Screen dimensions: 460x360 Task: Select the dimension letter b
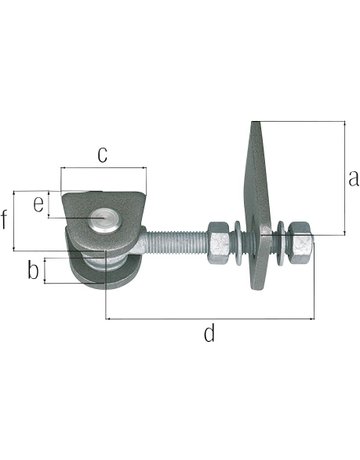pyautogui.click(x=33, y=270)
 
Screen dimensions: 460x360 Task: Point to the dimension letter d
pyautogui.click(x=209, y=334)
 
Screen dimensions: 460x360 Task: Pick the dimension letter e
pyautogui.click(x=38, y=204)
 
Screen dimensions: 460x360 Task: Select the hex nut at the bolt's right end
pyautogui.click(x=298, y=243)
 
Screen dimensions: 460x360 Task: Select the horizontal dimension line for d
pyautogui.click(x=209, y=319)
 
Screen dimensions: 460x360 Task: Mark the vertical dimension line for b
pyautogui.click(x=47, y=270)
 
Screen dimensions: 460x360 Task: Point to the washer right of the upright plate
pyautogui.click(x=279, y=243)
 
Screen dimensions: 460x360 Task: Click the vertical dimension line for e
pyautogui.click(x=49, y=204)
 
